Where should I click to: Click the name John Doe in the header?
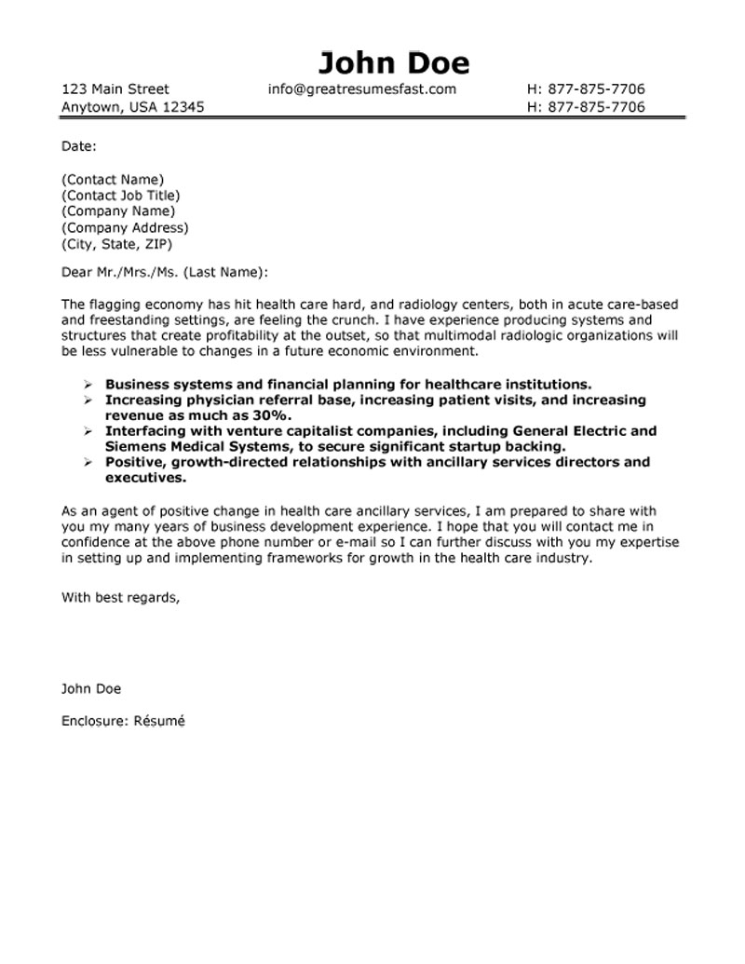[393, 62]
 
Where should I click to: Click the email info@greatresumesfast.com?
[361, 89]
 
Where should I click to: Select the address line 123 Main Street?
[115, 89]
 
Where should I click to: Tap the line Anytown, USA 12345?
[133, 107]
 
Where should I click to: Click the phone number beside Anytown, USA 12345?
[586, 107]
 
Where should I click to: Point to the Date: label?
[79, 145]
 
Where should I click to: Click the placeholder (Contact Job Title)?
[120, 196]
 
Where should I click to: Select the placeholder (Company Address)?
[125, 228]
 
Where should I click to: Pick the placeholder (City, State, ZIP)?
[116, 244]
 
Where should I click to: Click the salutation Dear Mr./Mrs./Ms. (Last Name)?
[165, 272]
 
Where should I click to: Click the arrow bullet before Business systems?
[87, 384]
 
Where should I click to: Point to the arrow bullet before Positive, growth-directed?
[87, 463]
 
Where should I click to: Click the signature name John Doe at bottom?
[91, 689]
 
